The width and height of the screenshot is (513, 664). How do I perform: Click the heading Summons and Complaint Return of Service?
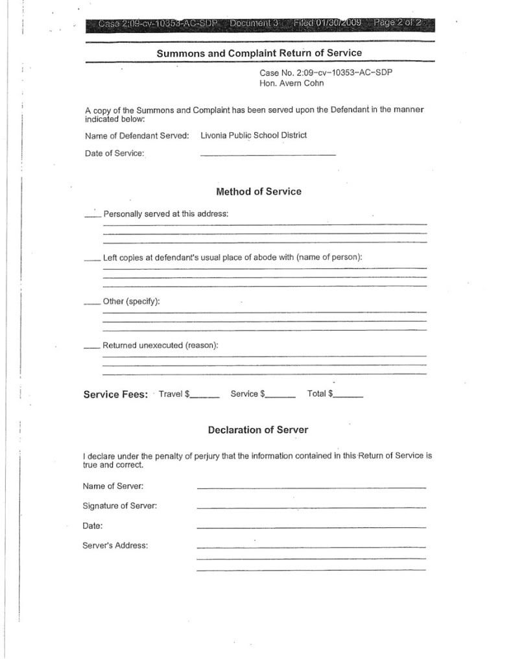259,53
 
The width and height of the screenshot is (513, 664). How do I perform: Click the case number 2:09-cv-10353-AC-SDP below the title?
326,73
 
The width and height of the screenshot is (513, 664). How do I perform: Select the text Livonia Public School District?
254,135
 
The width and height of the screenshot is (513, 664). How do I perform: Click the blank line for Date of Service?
268,154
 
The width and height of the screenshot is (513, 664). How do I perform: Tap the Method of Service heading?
258,191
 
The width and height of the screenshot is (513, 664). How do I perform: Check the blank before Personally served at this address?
93,215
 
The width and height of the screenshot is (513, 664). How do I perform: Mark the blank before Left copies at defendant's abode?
92,259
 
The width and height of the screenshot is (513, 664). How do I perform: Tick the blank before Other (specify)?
92,303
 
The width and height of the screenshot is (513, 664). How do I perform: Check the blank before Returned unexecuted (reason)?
92,347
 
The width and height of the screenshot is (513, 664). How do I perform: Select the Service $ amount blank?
280,396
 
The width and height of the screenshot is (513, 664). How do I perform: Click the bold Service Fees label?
115,394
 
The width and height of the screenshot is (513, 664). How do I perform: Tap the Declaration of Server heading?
258,430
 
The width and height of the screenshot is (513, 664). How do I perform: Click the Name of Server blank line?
311,486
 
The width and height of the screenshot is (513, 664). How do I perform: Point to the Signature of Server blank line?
311,506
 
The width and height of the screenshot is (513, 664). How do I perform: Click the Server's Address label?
115,545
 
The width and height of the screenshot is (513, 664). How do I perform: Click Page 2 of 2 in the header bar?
397,24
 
